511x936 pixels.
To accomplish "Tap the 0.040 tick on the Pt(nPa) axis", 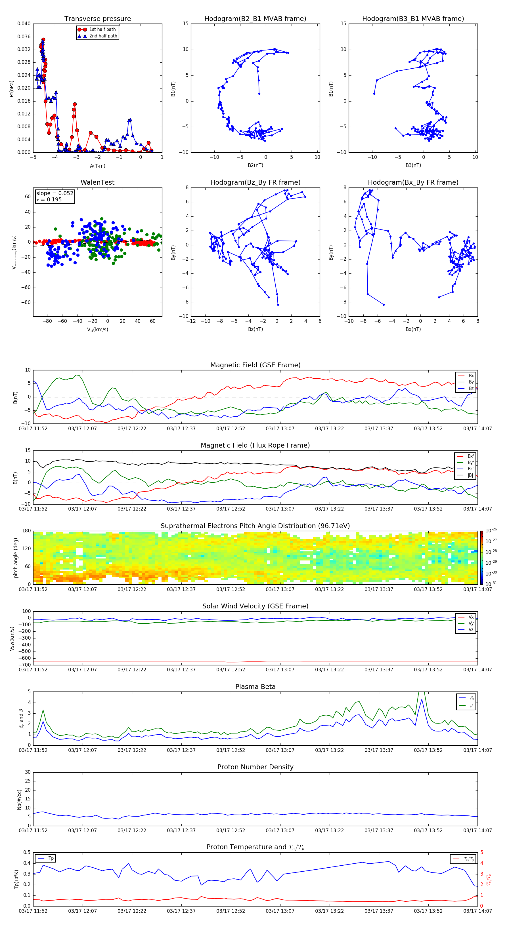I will [24, 24].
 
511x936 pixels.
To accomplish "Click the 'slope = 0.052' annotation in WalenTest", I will [55, 193].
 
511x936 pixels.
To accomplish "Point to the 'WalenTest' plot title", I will [97, 182].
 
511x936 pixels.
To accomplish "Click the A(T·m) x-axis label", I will [97, 166].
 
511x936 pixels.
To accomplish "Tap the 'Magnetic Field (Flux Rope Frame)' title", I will [255, 446].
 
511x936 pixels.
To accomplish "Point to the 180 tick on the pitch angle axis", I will [27, 531].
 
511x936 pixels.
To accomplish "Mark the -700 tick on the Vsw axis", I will [25, 665].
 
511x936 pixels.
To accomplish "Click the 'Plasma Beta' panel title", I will [255, 687].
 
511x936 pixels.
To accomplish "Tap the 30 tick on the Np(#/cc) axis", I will [28, 772].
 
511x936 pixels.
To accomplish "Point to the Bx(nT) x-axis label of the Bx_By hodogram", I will [413, 329].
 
